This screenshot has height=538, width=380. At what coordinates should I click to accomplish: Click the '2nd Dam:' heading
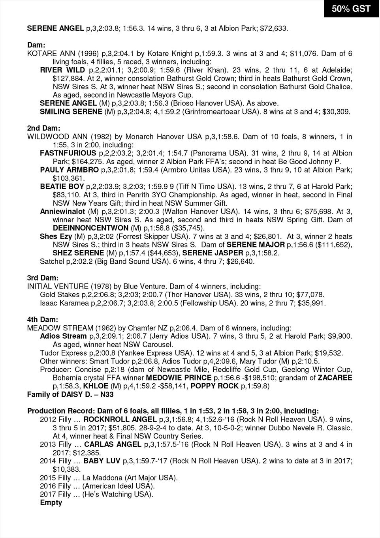coord(43,128)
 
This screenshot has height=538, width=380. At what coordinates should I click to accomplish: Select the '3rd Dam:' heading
coord(43,277)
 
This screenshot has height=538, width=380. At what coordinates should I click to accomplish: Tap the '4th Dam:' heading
coord(42,319)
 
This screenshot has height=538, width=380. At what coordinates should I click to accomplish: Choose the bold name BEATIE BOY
coord(62,186)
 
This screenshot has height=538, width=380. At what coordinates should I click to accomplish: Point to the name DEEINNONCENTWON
coord(90,228)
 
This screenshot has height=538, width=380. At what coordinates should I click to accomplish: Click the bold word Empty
coord(51,502)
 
